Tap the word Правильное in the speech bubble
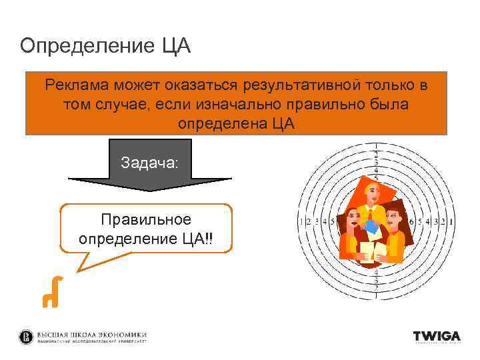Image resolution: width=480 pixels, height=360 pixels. [145, 220]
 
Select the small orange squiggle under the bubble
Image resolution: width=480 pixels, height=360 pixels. [52, 292]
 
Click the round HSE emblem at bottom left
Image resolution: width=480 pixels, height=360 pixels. [26, 337]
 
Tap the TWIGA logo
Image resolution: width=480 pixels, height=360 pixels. [436, 337]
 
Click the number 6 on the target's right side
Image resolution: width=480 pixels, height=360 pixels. [411, 222]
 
